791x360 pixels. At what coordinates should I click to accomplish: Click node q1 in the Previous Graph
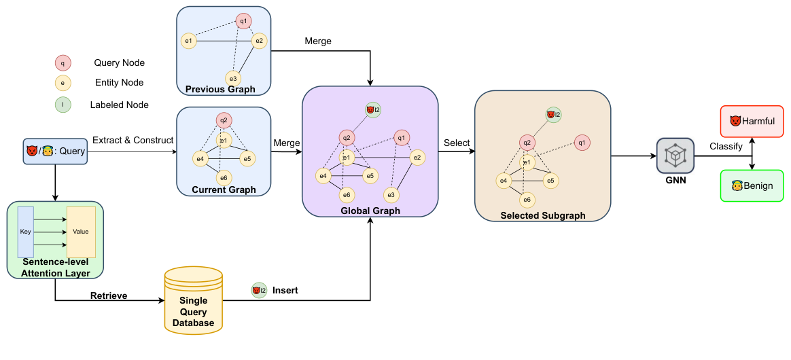[244, 21]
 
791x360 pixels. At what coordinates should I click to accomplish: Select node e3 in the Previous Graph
[233, 78]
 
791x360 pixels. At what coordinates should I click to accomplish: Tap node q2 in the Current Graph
[224, 121]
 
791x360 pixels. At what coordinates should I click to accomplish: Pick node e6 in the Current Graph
[224, 177]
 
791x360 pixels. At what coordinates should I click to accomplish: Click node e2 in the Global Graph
[417, 158]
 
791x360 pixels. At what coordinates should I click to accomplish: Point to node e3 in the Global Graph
[391, 195]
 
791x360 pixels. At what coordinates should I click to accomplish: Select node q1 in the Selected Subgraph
[582, 143]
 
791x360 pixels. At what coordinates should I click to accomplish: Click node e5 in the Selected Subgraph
[550, 181]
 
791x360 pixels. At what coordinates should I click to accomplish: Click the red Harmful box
[752, 122]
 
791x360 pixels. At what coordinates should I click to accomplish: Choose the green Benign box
[752, 185]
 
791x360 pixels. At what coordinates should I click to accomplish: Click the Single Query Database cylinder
[193, 300]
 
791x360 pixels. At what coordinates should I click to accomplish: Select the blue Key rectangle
[26, 232]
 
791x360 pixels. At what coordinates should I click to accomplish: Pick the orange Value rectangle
[82, 232]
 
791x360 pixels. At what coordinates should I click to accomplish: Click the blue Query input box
[55, 151]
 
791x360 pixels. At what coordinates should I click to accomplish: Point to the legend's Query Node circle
[63, 64]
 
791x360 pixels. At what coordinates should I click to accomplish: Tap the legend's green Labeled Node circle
[63, 105]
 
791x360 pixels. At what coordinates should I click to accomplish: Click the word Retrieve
[109, 295]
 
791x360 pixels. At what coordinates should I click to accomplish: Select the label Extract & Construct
[133, 140]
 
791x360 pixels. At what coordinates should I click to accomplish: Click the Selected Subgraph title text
[543, 216]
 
